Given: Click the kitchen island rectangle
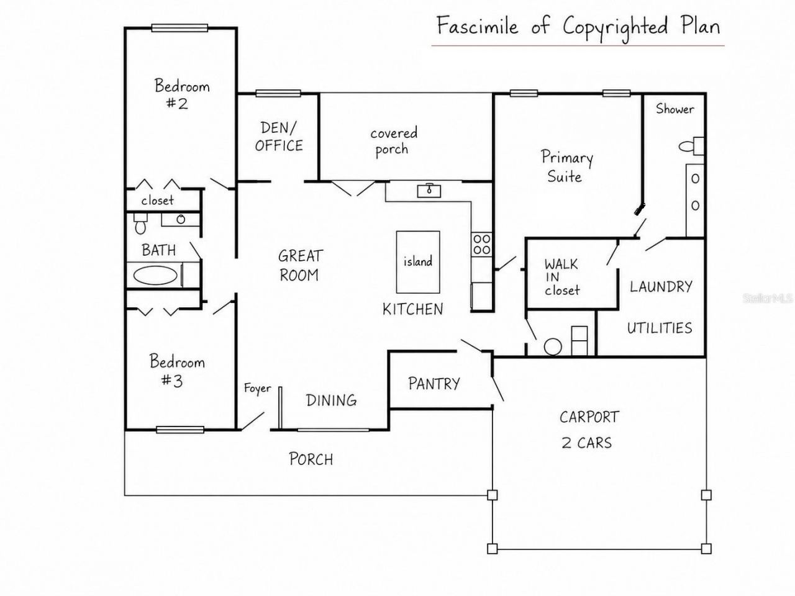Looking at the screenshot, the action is (418, 262).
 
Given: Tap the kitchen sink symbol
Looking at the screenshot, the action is (429, 191).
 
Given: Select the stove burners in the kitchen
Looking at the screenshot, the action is (482, 244).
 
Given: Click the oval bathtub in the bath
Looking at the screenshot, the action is (155, 276).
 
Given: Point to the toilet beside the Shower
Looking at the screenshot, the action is (691, 146).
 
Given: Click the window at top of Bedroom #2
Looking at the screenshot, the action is (179, 28).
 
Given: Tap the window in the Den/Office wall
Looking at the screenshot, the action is (278, 93).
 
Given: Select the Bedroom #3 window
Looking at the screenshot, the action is (180, 430).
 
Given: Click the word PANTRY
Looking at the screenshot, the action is (434, 384).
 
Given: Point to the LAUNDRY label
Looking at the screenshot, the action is (661, 287).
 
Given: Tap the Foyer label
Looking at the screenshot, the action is (258, 389).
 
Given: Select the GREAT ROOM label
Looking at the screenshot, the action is (300, 266).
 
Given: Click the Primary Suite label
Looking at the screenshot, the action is (567, 166).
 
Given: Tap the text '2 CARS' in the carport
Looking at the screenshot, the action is (587, 443).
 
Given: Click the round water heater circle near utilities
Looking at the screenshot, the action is (553, 346).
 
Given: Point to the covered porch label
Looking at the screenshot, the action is (393, 142).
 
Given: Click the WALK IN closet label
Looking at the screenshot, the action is (561, 277).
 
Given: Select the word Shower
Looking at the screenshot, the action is (675, 109).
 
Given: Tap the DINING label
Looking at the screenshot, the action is (332, 400).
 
